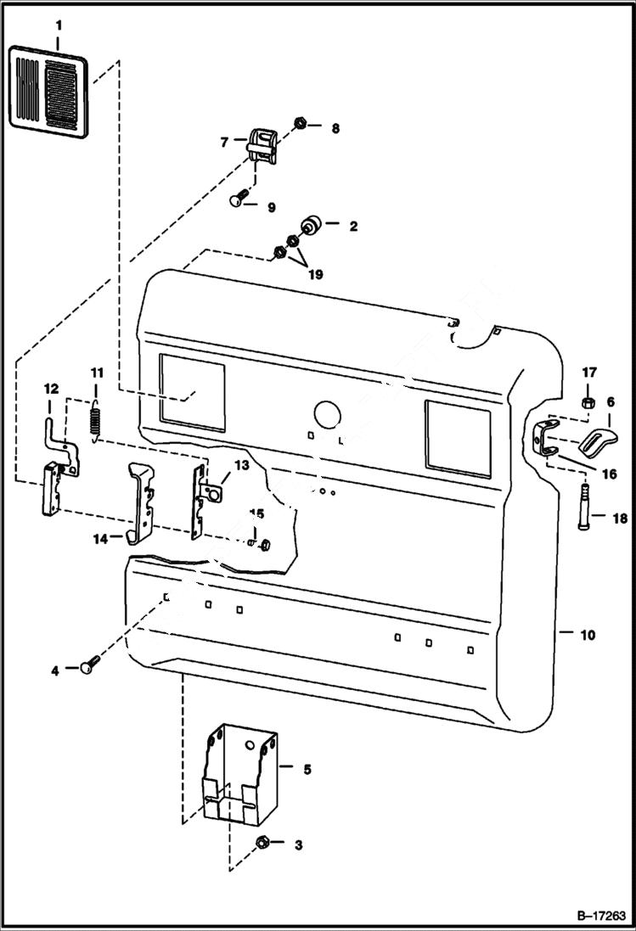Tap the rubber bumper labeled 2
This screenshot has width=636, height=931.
pyautogui.click(x=310, y=227)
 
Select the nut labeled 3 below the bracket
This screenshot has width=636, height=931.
pyautogui.click(x=262, y=844)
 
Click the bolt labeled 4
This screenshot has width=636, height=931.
pyautogui.click(x=89, y=667)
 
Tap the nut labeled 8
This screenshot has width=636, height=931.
pyautogui.click(x=301, y=126)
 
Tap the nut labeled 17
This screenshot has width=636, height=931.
pyautogui.click(x=588, y=400)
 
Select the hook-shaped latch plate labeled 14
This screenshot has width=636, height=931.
pyautogui.click(x=139, y=502)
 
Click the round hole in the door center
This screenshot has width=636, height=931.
pyautogui.click(x=327, y=413)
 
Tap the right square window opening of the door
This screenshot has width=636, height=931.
pyautogui.click(x=457, y=434)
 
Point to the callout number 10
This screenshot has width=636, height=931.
pyautogui.click(x=587, y=634)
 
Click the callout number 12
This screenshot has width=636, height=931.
pyautogui.click(x=51, y=389)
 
